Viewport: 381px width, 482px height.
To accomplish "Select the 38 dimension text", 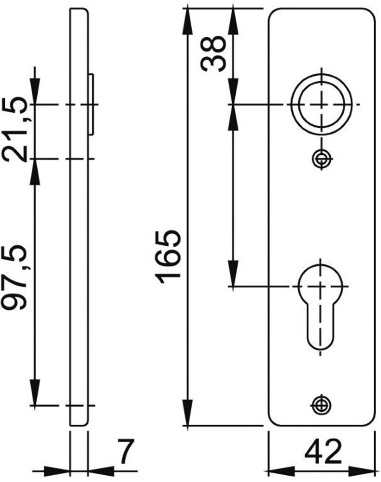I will click(x=213, y=53).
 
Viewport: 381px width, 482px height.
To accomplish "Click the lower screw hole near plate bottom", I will click(x=319, y=404).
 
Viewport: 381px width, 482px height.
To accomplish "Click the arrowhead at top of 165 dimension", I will click(x=186, y=19).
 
